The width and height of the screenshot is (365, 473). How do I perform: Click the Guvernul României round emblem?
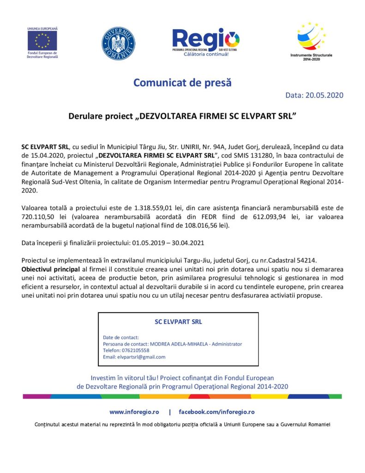[118, 43]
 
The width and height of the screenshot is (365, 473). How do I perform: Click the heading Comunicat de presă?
[182, 83]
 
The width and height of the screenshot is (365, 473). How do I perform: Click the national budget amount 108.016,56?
[193, 226]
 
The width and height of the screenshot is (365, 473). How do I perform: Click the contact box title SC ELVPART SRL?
[178, 322]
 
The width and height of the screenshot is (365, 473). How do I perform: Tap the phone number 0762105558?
[135, 350]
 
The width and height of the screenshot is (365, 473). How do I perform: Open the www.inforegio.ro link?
[134, 412]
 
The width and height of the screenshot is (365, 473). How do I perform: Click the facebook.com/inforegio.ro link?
[216, 412]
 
